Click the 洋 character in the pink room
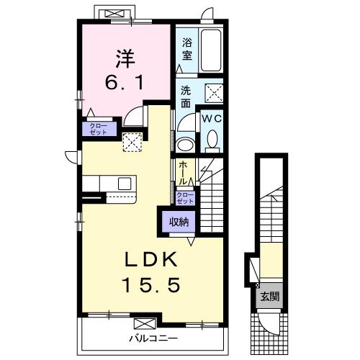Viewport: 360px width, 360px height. tap(125, 59)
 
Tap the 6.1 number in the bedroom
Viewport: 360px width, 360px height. tap(125, 82)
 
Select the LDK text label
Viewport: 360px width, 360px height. tap(151, 259)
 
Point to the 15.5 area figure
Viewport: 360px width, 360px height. tap(151, 284)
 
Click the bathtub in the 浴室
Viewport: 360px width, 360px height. tap(211, 50)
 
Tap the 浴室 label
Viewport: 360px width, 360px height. tap(187, 49)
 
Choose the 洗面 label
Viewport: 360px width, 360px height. tap(186, 96)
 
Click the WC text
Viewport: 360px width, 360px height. tap(212, 119)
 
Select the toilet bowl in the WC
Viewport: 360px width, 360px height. tap(212, 139)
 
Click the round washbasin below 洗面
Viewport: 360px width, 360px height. tap(185, 145)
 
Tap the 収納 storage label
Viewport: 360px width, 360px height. tap(179, 222)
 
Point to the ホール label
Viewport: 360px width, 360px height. tap(183, 173)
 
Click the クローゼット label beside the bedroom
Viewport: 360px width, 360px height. tap(98, 129)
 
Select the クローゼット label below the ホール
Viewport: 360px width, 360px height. tap(185, 198)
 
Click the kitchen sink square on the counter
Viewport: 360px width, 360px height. tap(125, 184)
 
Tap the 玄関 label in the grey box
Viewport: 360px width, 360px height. tap(270, 297)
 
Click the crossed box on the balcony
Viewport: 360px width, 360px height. tap(145, 323)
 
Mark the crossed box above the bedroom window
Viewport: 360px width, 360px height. tap(115, 14)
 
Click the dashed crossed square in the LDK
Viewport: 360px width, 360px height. tap(132, 142)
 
